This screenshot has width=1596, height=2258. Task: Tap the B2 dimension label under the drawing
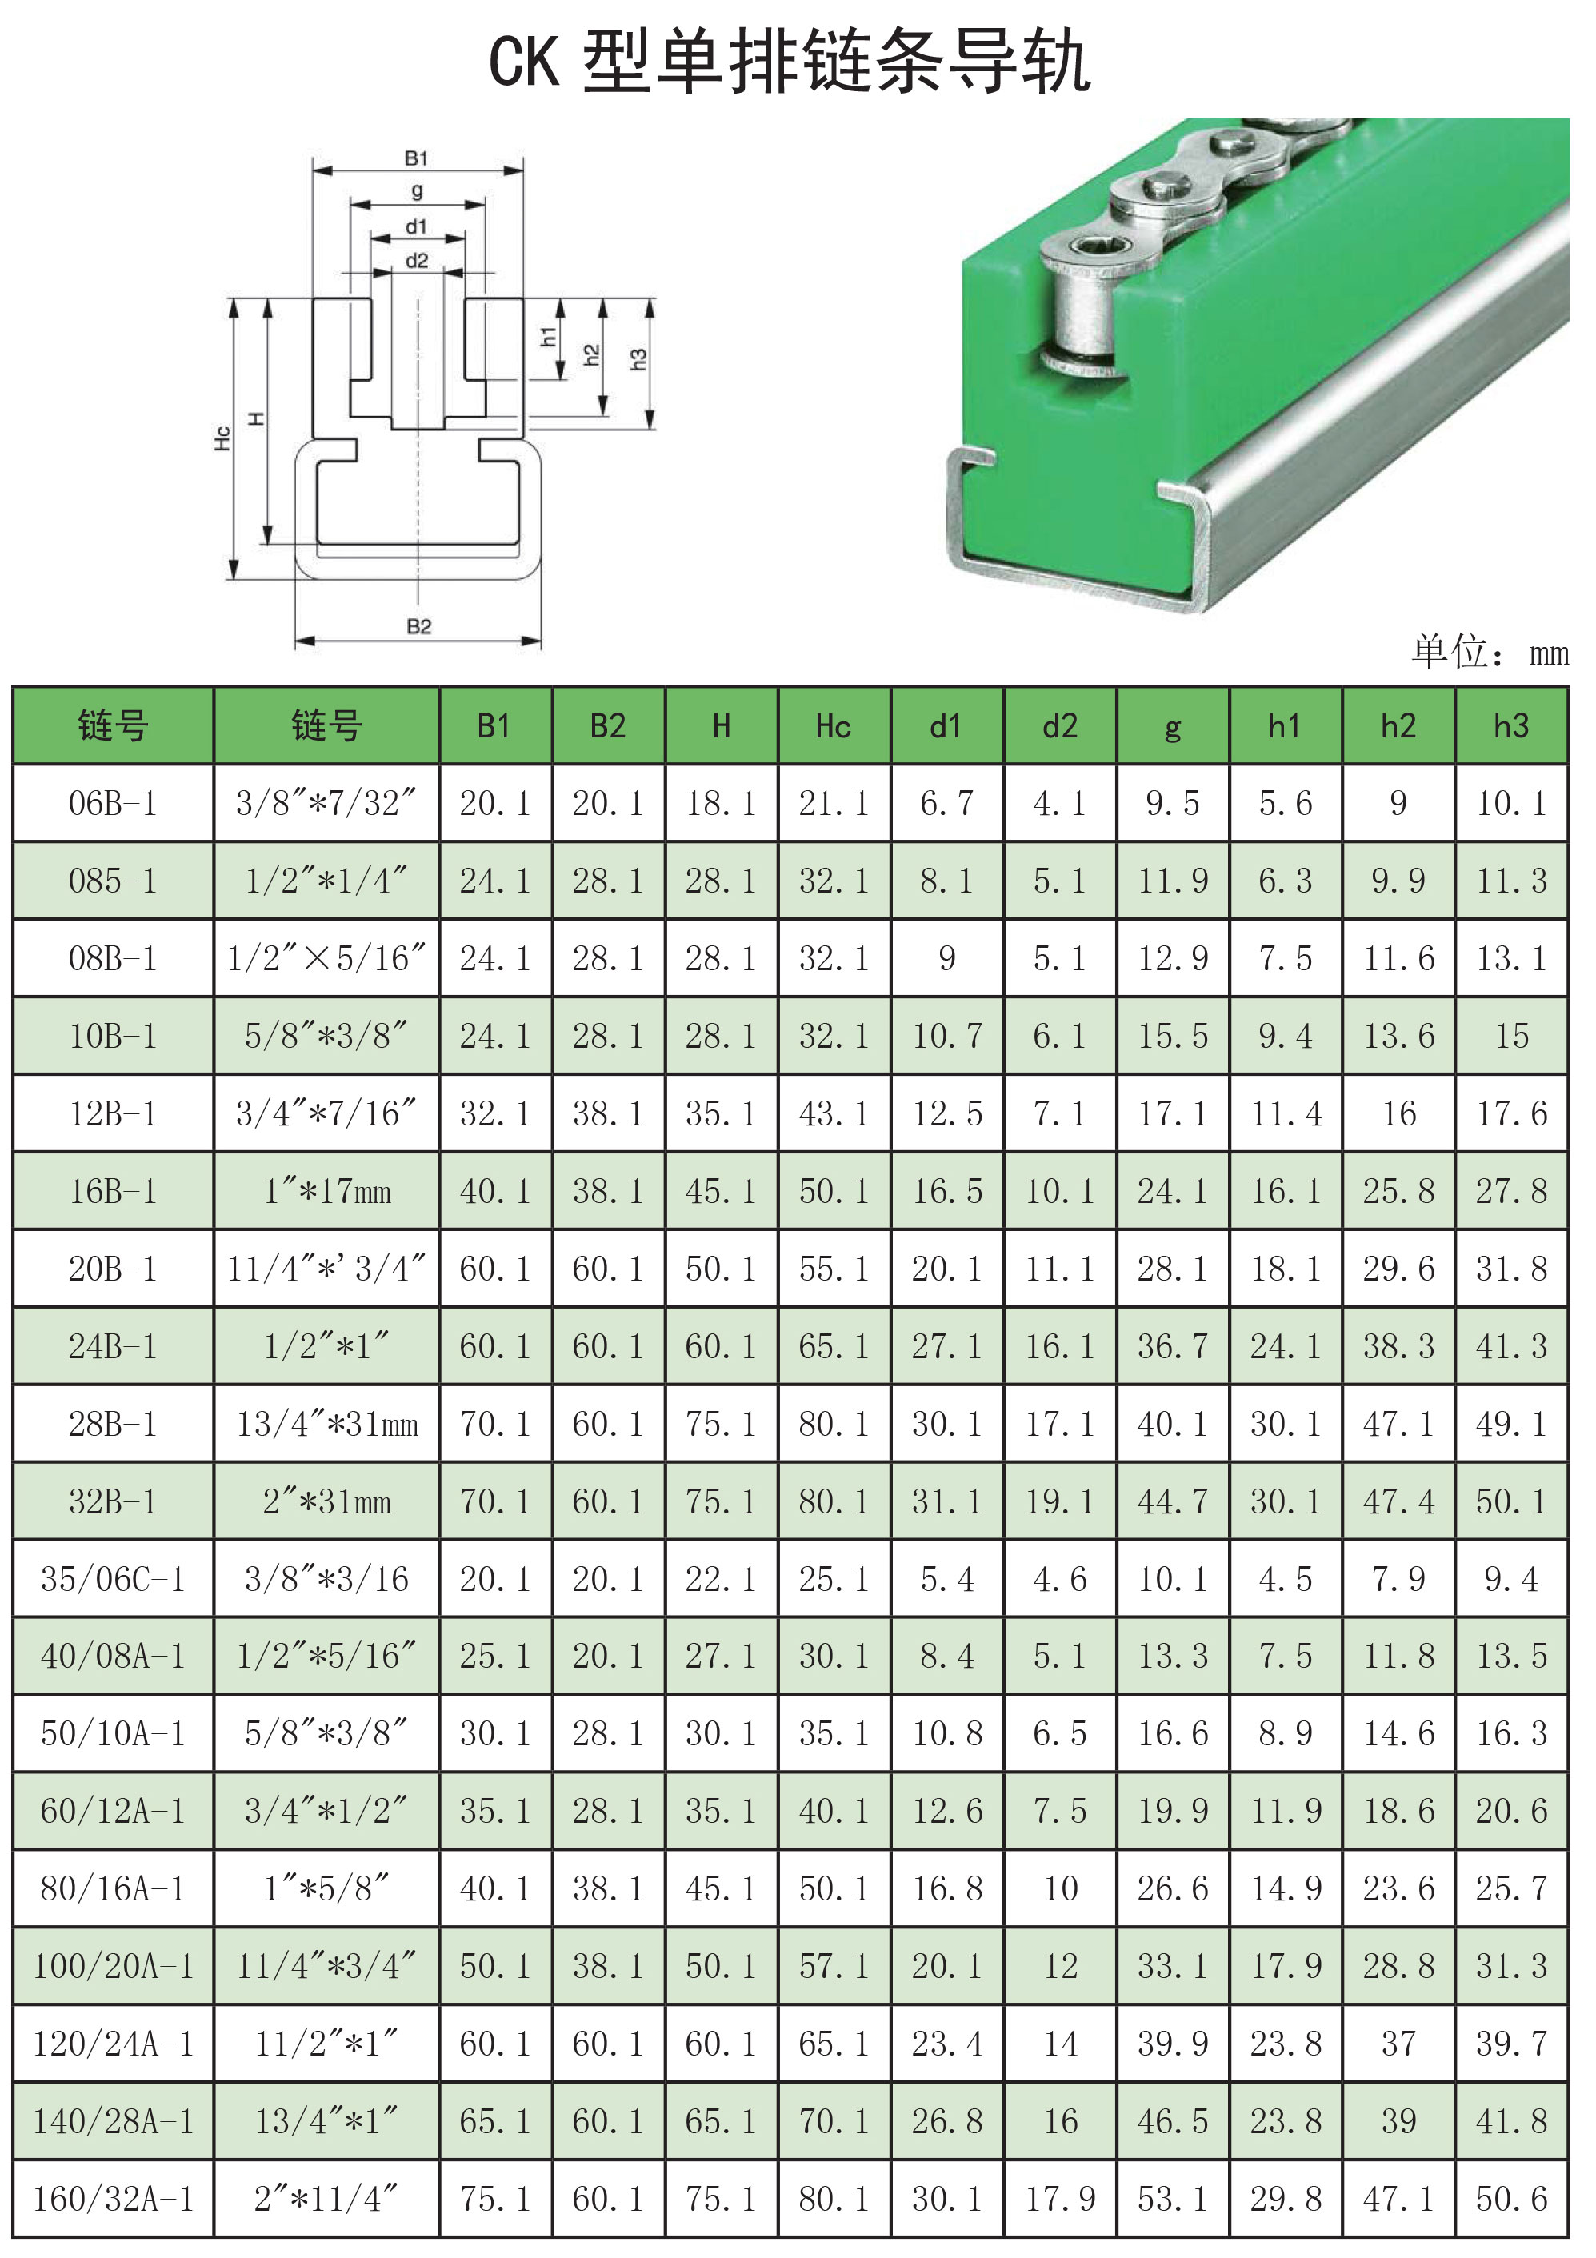coord(419,626)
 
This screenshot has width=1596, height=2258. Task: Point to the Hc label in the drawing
coord(222,438)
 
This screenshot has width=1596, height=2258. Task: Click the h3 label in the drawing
coord(638,359)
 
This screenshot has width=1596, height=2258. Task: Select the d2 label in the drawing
coord(417,261)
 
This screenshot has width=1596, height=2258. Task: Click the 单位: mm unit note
coord(1490,651)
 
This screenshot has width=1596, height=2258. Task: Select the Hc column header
coord(833,725)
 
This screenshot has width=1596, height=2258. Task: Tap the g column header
coord(1172,729)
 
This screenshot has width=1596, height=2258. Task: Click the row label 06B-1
coord(113,804)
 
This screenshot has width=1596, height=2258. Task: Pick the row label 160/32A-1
coord(113,2199)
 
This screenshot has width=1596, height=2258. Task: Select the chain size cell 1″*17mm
coord(326,1191)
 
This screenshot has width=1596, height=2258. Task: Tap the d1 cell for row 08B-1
coord(947,958)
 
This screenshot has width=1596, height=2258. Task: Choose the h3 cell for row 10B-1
coord(1511,1036)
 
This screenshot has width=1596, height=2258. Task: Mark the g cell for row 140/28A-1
coord(1172,2121)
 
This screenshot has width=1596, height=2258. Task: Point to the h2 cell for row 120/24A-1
coord(1398,2044)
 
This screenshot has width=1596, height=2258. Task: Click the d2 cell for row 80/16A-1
coord(1060,1889)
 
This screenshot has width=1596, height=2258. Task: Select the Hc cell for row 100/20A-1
coord(834,1966)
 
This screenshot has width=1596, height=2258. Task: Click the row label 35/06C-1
coord(113,1580)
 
